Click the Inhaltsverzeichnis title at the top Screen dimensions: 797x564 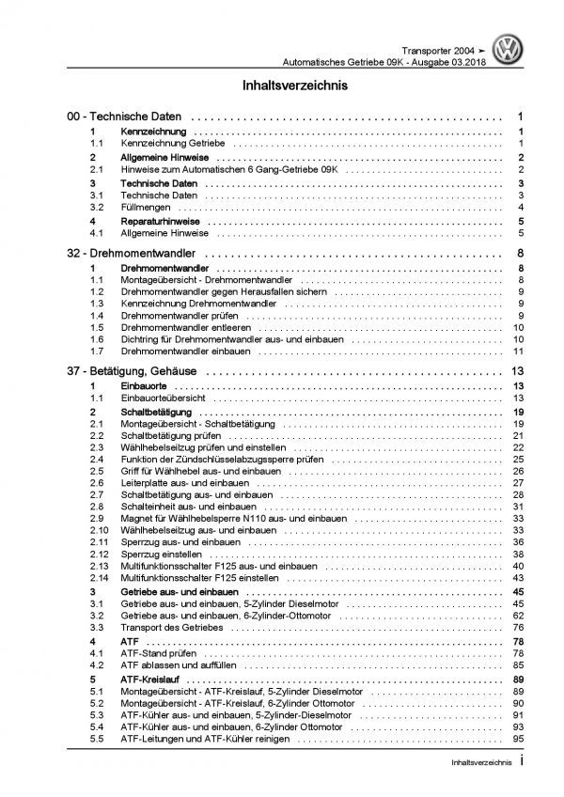(281, 85)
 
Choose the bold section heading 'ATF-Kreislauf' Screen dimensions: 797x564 (153, 678)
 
